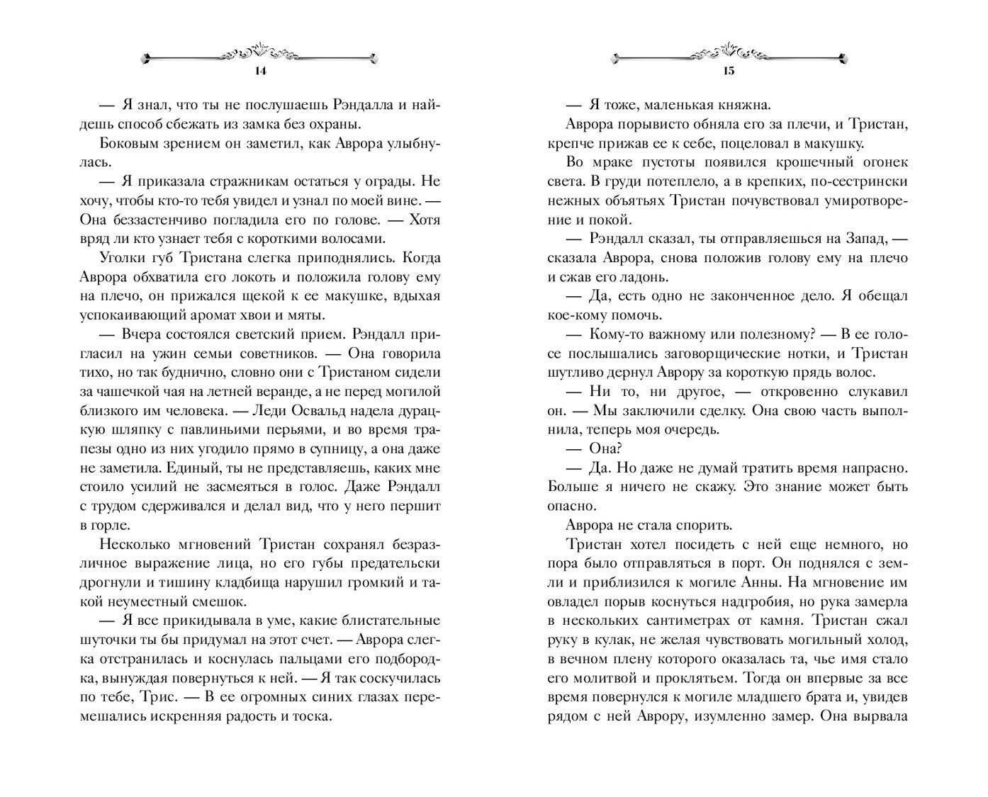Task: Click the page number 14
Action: [x=260, y=70]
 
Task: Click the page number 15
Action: [x=729, y=70]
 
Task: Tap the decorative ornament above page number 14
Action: [x=260, y=53]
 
